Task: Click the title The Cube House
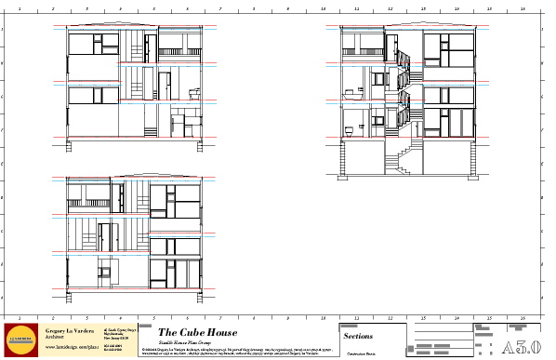[197, 333]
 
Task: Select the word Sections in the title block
[358, 335]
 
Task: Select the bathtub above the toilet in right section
[352, 92]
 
